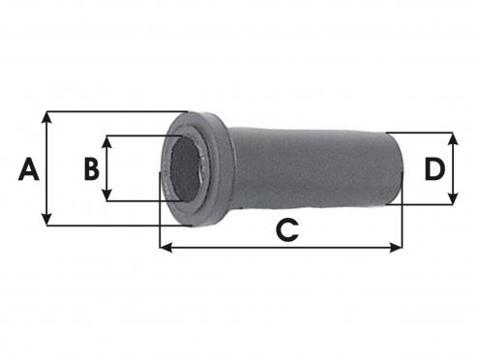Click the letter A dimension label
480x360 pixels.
point(29,168)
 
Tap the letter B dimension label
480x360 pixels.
point(91,168)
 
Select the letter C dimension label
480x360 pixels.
point(287,230)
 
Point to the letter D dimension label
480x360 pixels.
point(435,168)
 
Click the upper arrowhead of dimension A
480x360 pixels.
point(47,117)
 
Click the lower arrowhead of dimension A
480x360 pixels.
point(47,220)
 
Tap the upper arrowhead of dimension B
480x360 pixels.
point(106,141)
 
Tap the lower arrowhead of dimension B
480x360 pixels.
point(106,195)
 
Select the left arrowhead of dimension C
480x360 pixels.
point(166,248)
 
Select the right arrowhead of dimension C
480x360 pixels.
point(396,248)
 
